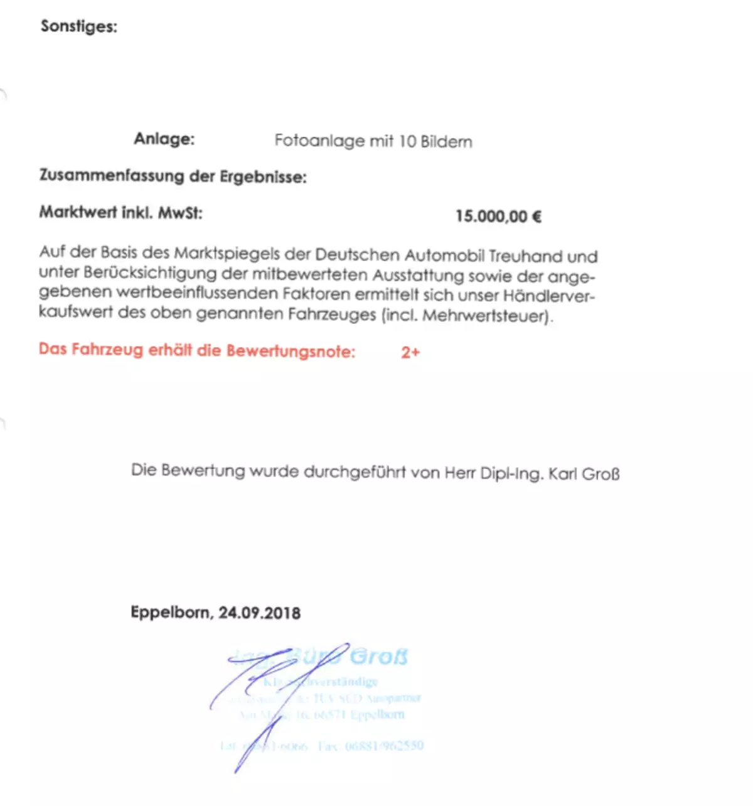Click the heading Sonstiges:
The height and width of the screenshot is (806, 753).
[x=78, y=26]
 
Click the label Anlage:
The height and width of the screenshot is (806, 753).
[x=164, y=139]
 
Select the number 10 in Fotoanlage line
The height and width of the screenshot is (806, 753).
[x=407, y=141]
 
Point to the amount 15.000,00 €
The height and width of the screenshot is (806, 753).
[x=498, y=217]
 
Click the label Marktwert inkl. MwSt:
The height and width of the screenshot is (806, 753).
[x=121, y=212]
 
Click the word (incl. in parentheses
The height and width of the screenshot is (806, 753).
[x=399, y=314]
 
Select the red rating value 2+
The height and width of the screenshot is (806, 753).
[x=410, y=352]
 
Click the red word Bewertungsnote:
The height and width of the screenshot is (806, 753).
[x=291, y=351]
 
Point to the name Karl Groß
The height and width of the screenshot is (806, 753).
[x=584, y=473]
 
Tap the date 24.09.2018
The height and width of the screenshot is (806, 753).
[x=259, y=613]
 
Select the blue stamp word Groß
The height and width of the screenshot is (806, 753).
[x=378, y=657]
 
